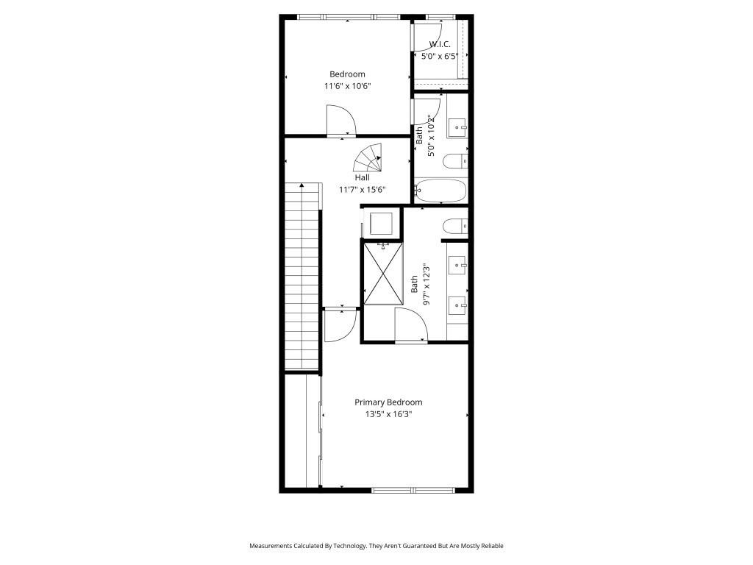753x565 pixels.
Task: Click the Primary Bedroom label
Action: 388,402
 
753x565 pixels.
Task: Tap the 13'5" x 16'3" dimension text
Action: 388,414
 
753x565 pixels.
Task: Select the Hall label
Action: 362,177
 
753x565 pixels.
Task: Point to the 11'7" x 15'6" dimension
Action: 362,190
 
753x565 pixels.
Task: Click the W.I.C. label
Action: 440,44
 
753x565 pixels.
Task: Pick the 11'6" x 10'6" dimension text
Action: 347,86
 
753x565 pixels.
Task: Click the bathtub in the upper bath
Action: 440,191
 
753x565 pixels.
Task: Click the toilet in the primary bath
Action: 454,225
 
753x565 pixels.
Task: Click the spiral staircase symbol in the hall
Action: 368,157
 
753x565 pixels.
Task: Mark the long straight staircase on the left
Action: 302,276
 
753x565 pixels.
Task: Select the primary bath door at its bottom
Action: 410,325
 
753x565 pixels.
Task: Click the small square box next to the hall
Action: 381,222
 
